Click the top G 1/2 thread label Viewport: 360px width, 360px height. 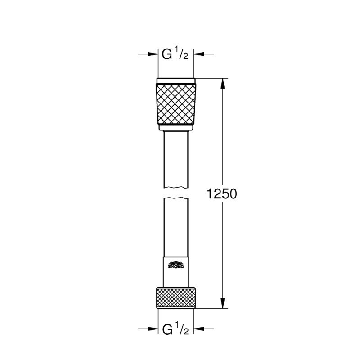(x=175, y=55)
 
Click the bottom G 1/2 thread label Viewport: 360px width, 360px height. (x=175, y=330)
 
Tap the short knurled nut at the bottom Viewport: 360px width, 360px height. (x=175, y=297)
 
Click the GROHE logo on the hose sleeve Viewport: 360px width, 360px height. (x=175, y=265)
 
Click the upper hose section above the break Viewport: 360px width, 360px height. (x=175, y=157)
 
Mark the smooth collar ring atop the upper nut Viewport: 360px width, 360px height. (x=175, y=81)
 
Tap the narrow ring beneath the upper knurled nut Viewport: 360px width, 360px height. (x=175, y=128)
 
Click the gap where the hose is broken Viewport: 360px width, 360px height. (x=175, y=193)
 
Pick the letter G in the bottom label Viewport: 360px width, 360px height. (x=167, y=330)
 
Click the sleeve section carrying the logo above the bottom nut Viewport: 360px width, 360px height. (x=175, y=272)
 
